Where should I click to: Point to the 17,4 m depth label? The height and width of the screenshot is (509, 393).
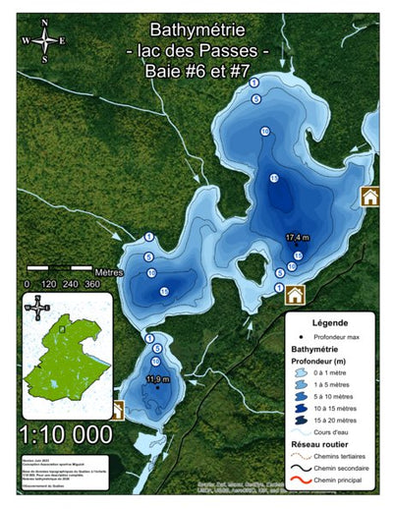(298, 238)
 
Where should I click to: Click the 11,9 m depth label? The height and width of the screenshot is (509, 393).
(157, 378)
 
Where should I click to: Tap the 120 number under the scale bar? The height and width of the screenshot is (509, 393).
(49, 283)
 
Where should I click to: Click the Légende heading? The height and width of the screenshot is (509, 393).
(329, 322)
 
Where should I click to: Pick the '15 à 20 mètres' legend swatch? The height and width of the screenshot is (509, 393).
(297, 421)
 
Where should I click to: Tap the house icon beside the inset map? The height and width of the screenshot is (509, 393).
(118, 410)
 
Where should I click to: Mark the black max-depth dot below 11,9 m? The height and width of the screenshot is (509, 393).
(155, 387)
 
